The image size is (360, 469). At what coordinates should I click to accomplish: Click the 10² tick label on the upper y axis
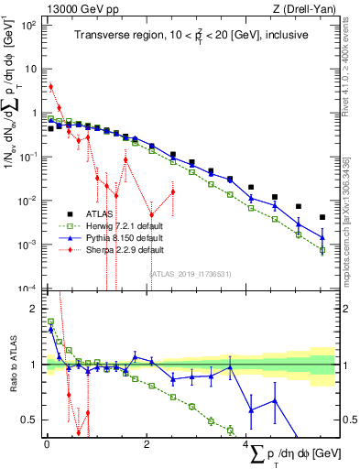tap(29, 25)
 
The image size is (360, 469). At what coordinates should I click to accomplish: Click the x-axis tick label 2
tap(147, 444)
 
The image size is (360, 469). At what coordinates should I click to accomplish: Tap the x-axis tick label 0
tap(46, 444)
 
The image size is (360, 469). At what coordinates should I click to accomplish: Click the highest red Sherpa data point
tap(51, 87)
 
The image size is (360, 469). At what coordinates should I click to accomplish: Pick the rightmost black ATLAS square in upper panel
tap(322, 217)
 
